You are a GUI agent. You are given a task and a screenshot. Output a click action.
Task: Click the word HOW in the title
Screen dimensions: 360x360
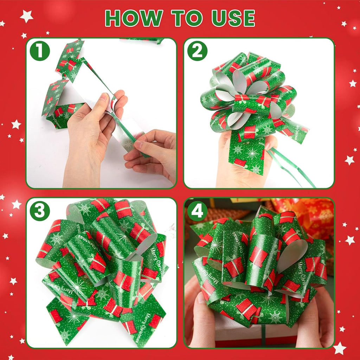[133, 18]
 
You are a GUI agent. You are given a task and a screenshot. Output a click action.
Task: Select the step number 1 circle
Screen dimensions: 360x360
[40, 51]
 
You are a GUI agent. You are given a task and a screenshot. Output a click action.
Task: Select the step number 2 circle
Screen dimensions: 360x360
[197, 51]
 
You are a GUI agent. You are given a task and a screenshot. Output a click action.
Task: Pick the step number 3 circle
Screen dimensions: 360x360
[40, 211]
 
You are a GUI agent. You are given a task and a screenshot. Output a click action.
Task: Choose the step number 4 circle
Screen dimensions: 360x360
[197, 211]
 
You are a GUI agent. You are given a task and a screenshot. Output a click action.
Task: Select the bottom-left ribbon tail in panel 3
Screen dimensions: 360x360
[63, 320]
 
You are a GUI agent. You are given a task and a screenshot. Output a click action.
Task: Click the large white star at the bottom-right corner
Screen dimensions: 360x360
[339, 348]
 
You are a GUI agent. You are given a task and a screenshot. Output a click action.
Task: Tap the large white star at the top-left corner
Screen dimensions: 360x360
[26, 16]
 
